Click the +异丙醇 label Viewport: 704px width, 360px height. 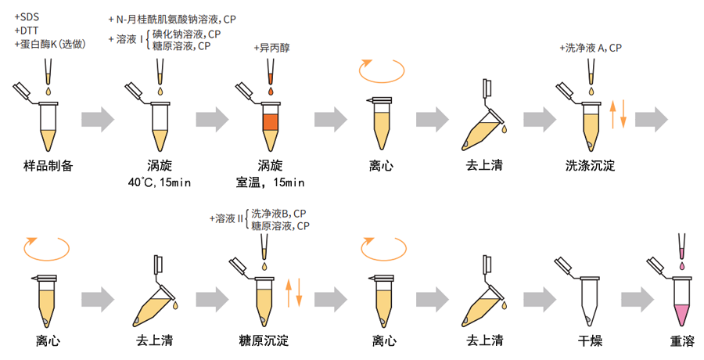(x=271, y=48)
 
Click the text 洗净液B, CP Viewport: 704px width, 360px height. (x=278, y=213)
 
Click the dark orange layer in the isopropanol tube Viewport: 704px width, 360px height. (x=271, y=121)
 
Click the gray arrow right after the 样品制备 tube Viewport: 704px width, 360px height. (x=98, y=119)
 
